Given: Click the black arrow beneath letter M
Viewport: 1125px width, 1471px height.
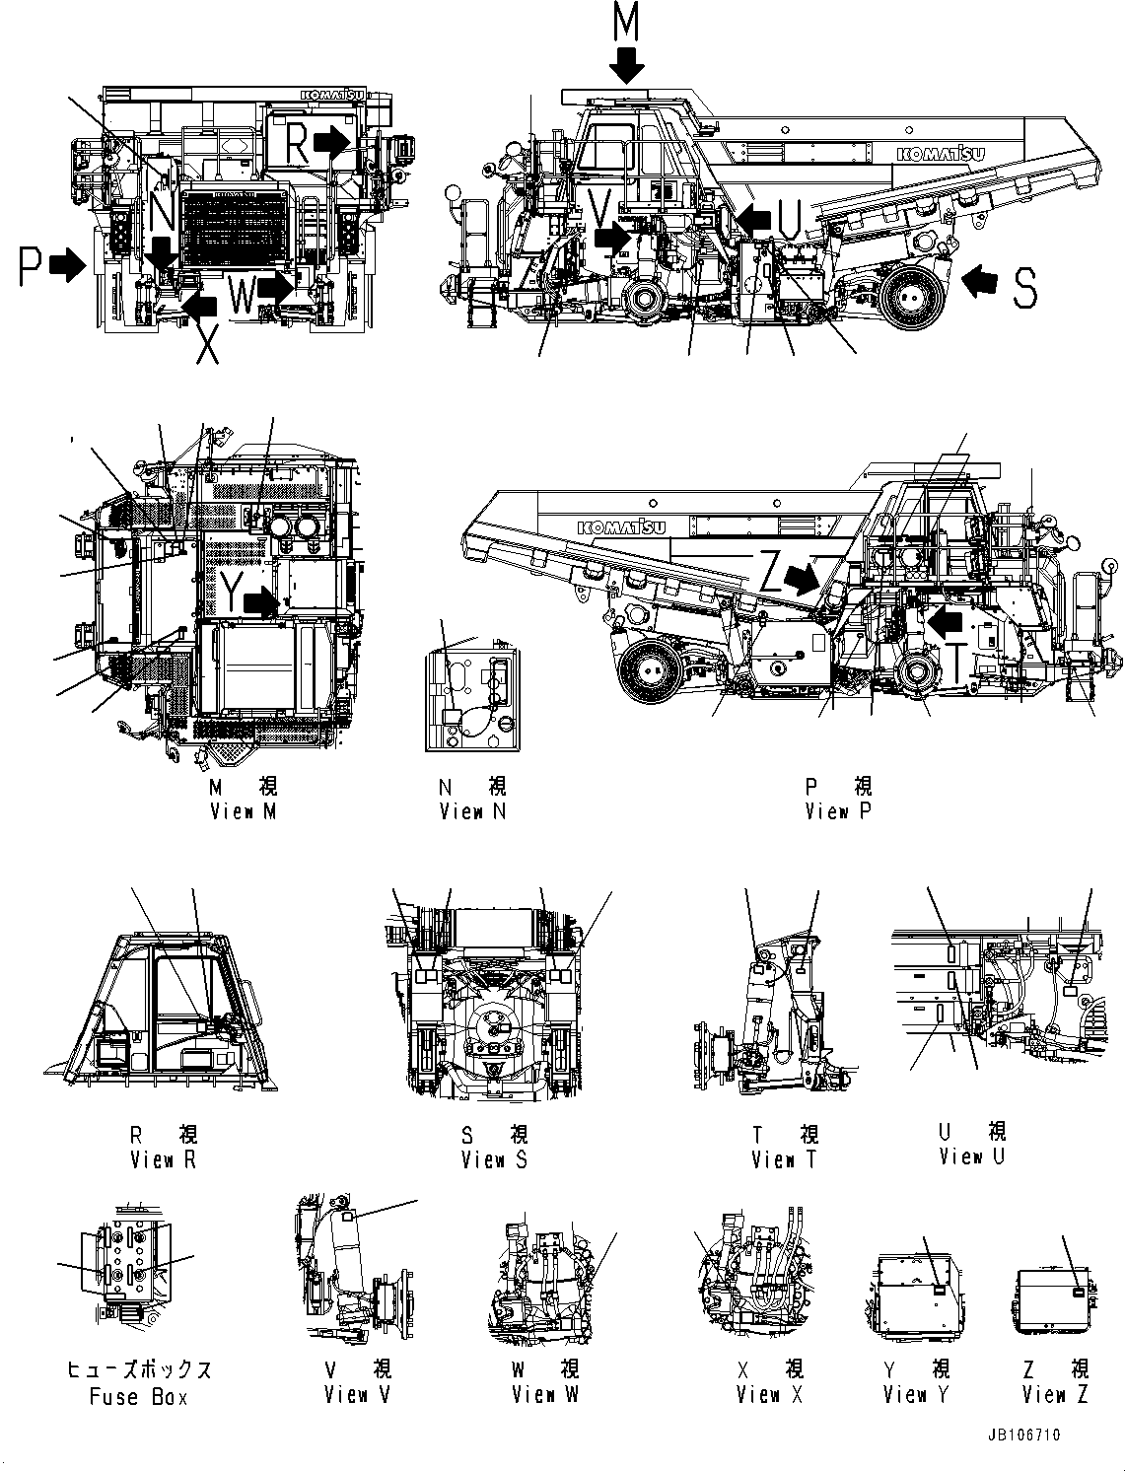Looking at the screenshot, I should click(x=626, y=66).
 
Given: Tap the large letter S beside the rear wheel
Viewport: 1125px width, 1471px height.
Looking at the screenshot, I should click(x=1024, y=287).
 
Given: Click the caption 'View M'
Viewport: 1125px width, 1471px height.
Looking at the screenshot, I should click(x=244, y=810).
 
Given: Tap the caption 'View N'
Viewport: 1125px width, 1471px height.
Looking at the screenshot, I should click(x=473, y=810).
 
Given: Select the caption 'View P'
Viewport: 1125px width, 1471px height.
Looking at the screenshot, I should click(x=838, y=810).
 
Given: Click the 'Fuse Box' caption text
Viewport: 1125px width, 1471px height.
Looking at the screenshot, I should click(x=138, y=1396).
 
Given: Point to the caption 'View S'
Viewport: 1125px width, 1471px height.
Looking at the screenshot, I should click(x=494, y=1159).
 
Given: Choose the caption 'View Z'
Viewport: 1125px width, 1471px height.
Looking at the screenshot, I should click(x=1055, y=1394).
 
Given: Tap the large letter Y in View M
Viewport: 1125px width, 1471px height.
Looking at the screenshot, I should click(x=231, y=593).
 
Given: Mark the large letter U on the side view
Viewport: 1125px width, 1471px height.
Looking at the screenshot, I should click(x=789, y=219).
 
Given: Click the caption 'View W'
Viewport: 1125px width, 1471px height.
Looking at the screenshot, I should click(x=545, y=1394).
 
